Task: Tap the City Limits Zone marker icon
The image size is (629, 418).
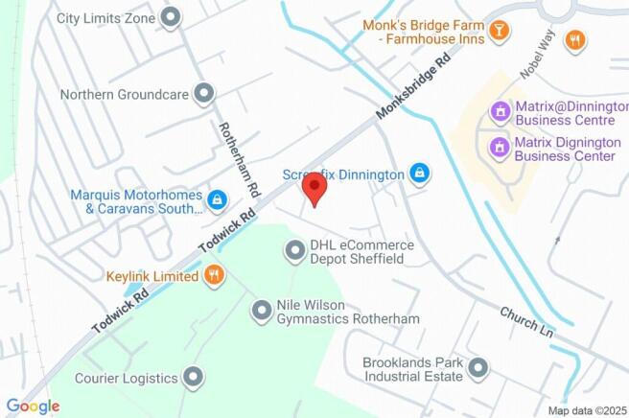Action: click(x=172, y=17)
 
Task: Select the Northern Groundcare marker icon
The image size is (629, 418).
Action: click(x=203, y=94)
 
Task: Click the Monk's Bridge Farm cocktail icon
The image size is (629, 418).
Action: click(x=498, y=32)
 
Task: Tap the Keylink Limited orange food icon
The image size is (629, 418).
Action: click(x=215, y=276)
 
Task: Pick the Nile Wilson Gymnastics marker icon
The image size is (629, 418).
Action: click(x=261, y=311)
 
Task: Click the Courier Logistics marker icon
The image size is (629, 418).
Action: click(x=195, y=377)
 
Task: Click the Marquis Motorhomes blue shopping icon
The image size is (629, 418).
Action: click(x=218, y=199)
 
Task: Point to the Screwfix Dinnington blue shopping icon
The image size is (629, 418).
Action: click(x=418, y=174)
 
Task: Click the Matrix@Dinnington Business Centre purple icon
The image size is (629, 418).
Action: click(x=499, y=112)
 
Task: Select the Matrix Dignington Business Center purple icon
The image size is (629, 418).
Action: click(x=499, y=148)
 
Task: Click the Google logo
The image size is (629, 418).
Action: click(x=33, y=406)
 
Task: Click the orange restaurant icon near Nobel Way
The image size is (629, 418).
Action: click(x=574, y=40)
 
